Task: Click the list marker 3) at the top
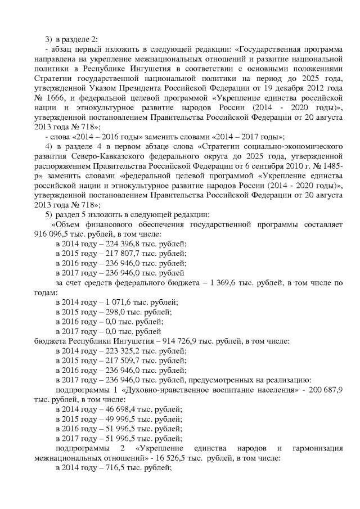pos(48,38)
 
